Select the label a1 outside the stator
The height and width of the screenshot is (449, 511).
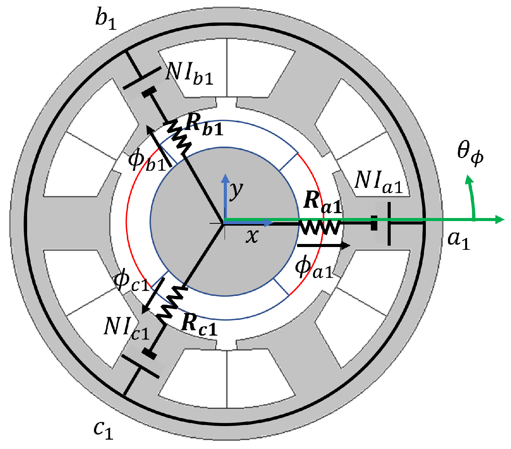pyautogui.click(x=458, y=240)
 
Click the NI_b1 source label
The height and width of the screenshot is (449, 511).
pyautogui.click(x=189, y=73)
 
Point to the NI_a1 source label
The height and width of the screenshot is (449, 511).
pyautogui.click(x=378, y=181)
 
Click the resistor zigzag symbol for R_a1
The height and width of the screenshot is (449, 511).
pyautogui.click(x=320, y=228)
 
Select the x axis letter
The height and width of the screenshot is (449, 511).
pyautogui.click(x=252, y=236)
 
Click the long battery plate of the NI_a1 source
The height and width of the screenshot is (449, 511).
pyautogui.click(x=389, y=224)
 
